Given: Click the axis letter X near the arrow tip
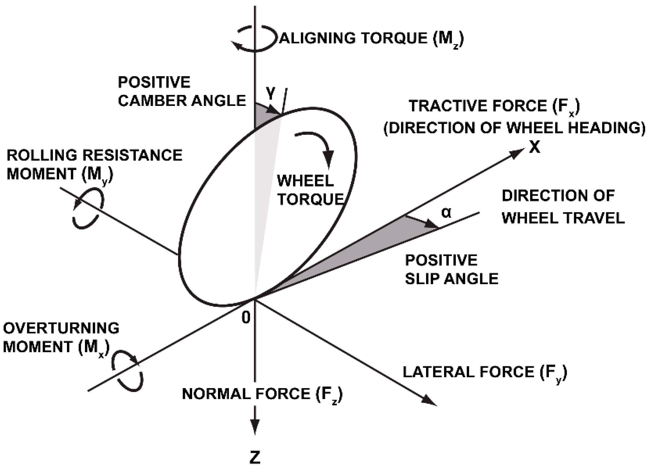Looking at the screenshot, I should pos(535,148).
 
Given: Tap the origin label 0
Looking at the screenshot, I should pos(246,318).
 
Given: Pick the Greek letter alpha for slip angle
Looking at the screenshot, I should pos(446,213).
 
